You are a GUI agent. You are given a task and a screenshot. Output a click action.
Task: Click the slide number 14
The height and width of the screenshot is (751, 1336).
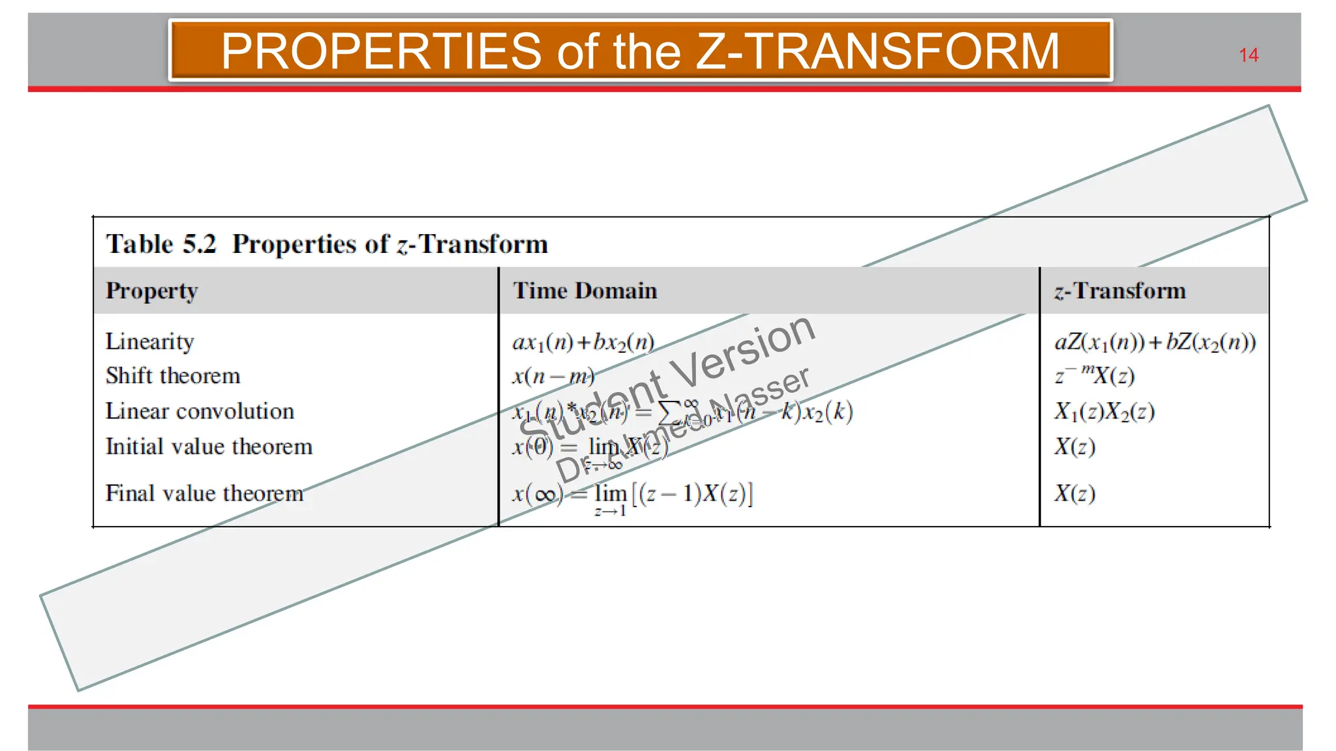[1248, 55]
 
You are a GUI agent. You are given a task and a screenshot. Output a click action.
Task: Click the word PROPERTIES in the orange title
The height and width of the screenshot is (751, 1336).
[381, 51]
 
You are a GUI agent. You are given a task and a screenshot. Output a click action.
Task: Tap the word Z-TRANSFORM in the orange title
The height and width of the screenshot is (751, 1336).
[877, 51]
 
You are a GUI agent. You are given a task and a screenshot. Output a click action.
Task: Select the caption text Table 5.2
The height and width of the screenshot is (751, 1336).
[160, 244]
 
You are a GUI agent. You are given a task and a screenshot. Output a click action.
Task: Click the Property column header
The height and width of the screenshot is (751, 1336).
[151, 291]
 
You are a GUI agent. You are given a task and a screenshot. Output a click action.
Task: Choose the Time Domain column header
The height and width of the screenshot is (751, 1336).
[584, 291]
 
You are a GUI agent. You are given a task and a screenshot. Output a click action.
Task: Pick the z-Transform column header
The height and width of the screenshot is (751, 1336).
[1119, 291]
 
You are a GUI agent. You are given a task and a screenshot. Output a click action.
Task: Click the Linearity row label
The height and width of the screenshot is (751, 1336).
[149, 342]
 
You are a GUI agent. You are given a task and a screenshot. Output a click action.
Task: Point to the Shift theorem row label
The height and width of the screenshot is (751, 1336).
[173, 376]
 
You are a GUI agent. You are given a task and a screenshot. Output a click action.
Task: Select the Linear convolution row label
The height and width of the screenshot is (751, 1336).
[200, 411]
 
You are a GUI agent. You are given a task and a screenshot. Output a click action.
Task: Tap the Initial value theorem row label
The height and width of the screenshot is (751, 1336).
[209, 447]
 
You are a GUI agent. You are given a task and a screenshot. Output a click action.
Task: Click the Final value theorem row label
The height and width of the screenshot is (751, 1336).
[204, 493]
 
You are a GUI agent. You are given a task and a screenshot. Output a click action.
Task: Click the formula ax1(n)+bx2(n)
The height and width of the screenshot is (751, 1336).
[583, 342]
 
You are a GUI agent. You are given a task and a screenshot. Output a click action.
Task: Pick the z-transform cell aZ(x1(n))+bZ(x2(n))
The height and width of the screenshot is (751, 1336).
[1155, 342]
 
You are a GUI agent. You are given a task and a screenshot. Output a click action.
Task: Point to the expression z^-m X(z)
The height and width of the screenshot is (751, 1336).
[1095, 375]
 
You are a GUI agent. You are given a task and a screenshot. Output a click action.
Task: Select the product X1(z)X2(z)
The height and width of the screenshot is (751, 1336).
[1104, 411]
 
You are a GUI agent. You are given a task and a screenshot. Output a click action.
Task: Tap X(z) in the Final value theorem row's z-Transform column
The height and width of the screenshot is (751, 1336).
[1074, 493]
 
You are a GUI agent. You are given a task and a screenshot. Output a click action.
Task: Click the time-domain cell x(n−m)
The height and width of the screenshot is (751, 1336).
[553, 377]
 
